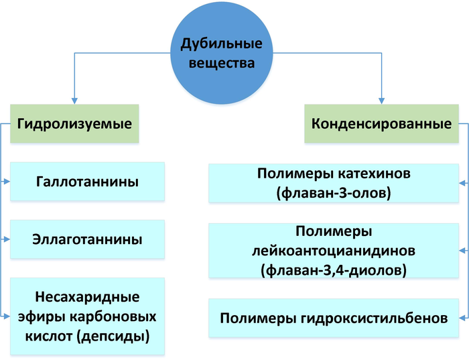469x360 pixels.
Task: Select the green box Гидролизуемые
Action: point(74,124)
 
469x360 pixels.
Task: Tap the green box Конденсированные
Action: point(381,124)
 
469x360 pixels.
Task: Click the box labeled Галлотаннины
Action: point(88,182)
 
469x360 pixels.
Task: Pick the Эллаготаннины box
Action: point(88,239)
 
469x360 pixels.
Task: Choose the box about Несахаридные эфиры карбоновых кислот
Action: point(88,315)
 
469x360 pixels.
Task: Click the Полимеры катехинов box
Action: point(334,182)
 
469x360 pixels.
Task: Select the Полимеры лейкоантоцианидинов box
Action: point(334,251)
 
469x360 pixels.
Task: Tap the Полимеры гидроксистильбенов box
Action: point(334,318)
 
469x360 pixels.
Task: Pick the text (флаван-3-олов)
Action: point(334,193)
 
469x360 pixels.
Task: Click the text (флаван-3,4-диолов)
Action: point(334,271)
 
